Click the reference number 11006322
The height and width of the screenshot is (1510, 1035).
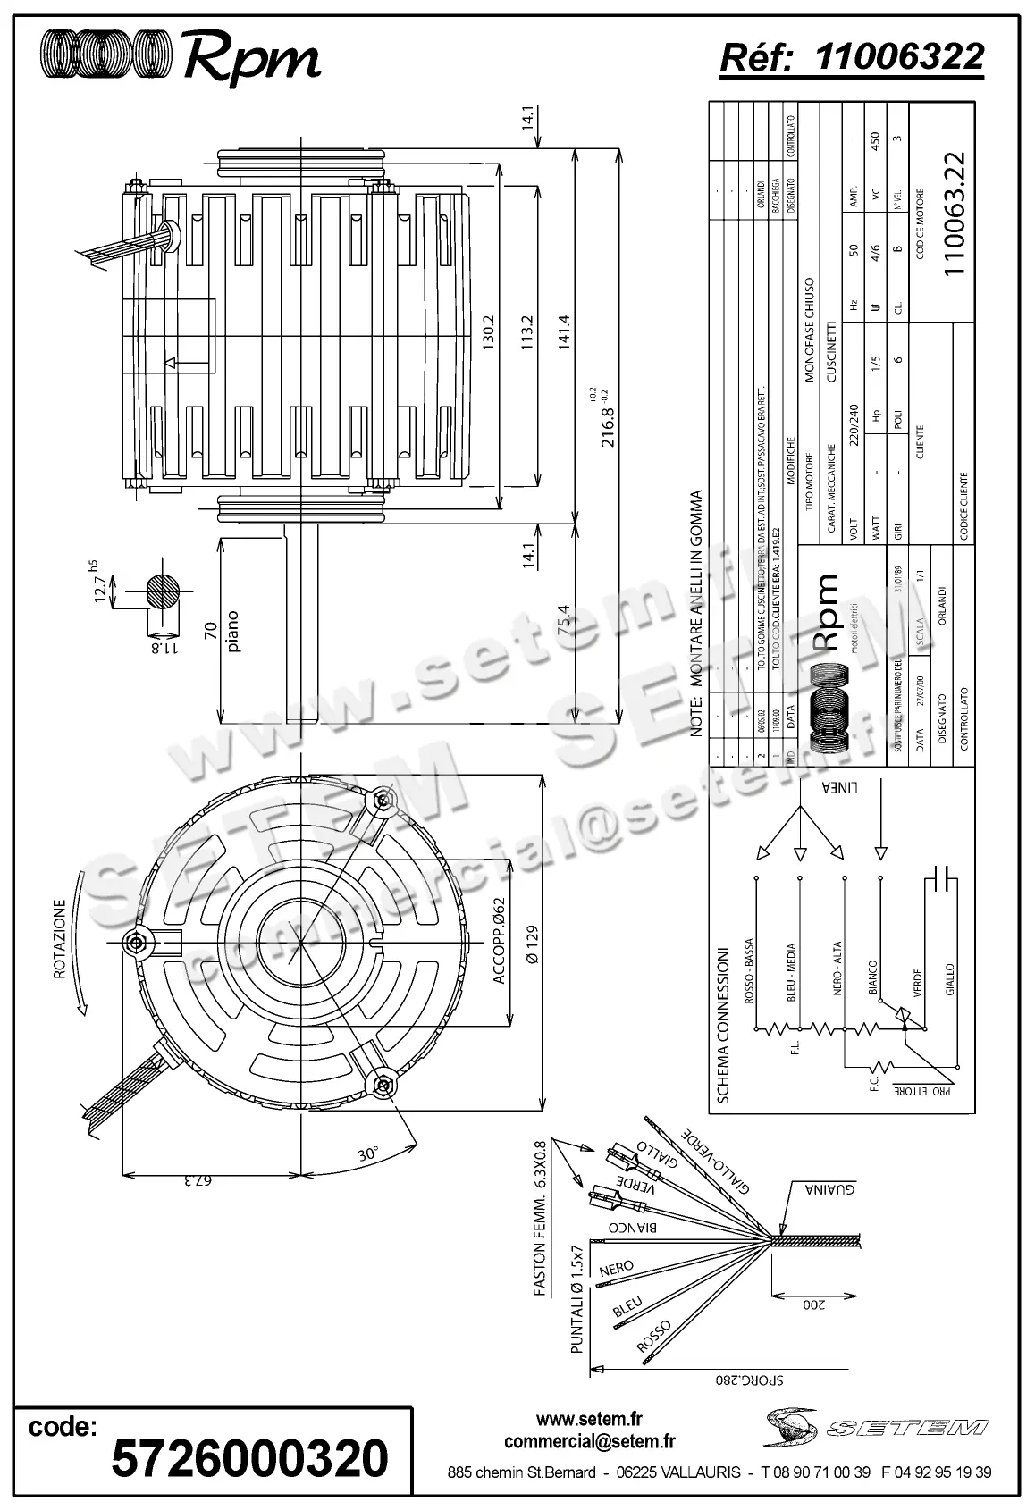[900, 56]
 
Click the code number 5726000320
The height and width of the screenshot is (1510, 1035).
[249, 1458]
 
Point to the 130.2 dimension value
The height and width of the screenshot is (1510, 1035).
[489, 335]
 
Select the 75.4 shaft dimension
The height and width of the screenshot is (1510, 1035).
[565, 622]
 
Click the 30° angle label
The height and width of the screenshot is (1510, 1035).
[368, 1153]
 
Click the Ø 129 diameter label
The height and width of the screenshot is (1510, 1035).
[534, 945]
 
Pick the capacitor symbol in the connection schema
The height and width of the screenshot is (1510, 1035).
[942, 879]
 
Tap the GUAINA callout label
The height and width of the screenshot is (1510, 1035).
[831, 1190]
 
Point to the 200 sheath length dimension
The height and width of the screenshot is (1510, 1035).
[813, 1305]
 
